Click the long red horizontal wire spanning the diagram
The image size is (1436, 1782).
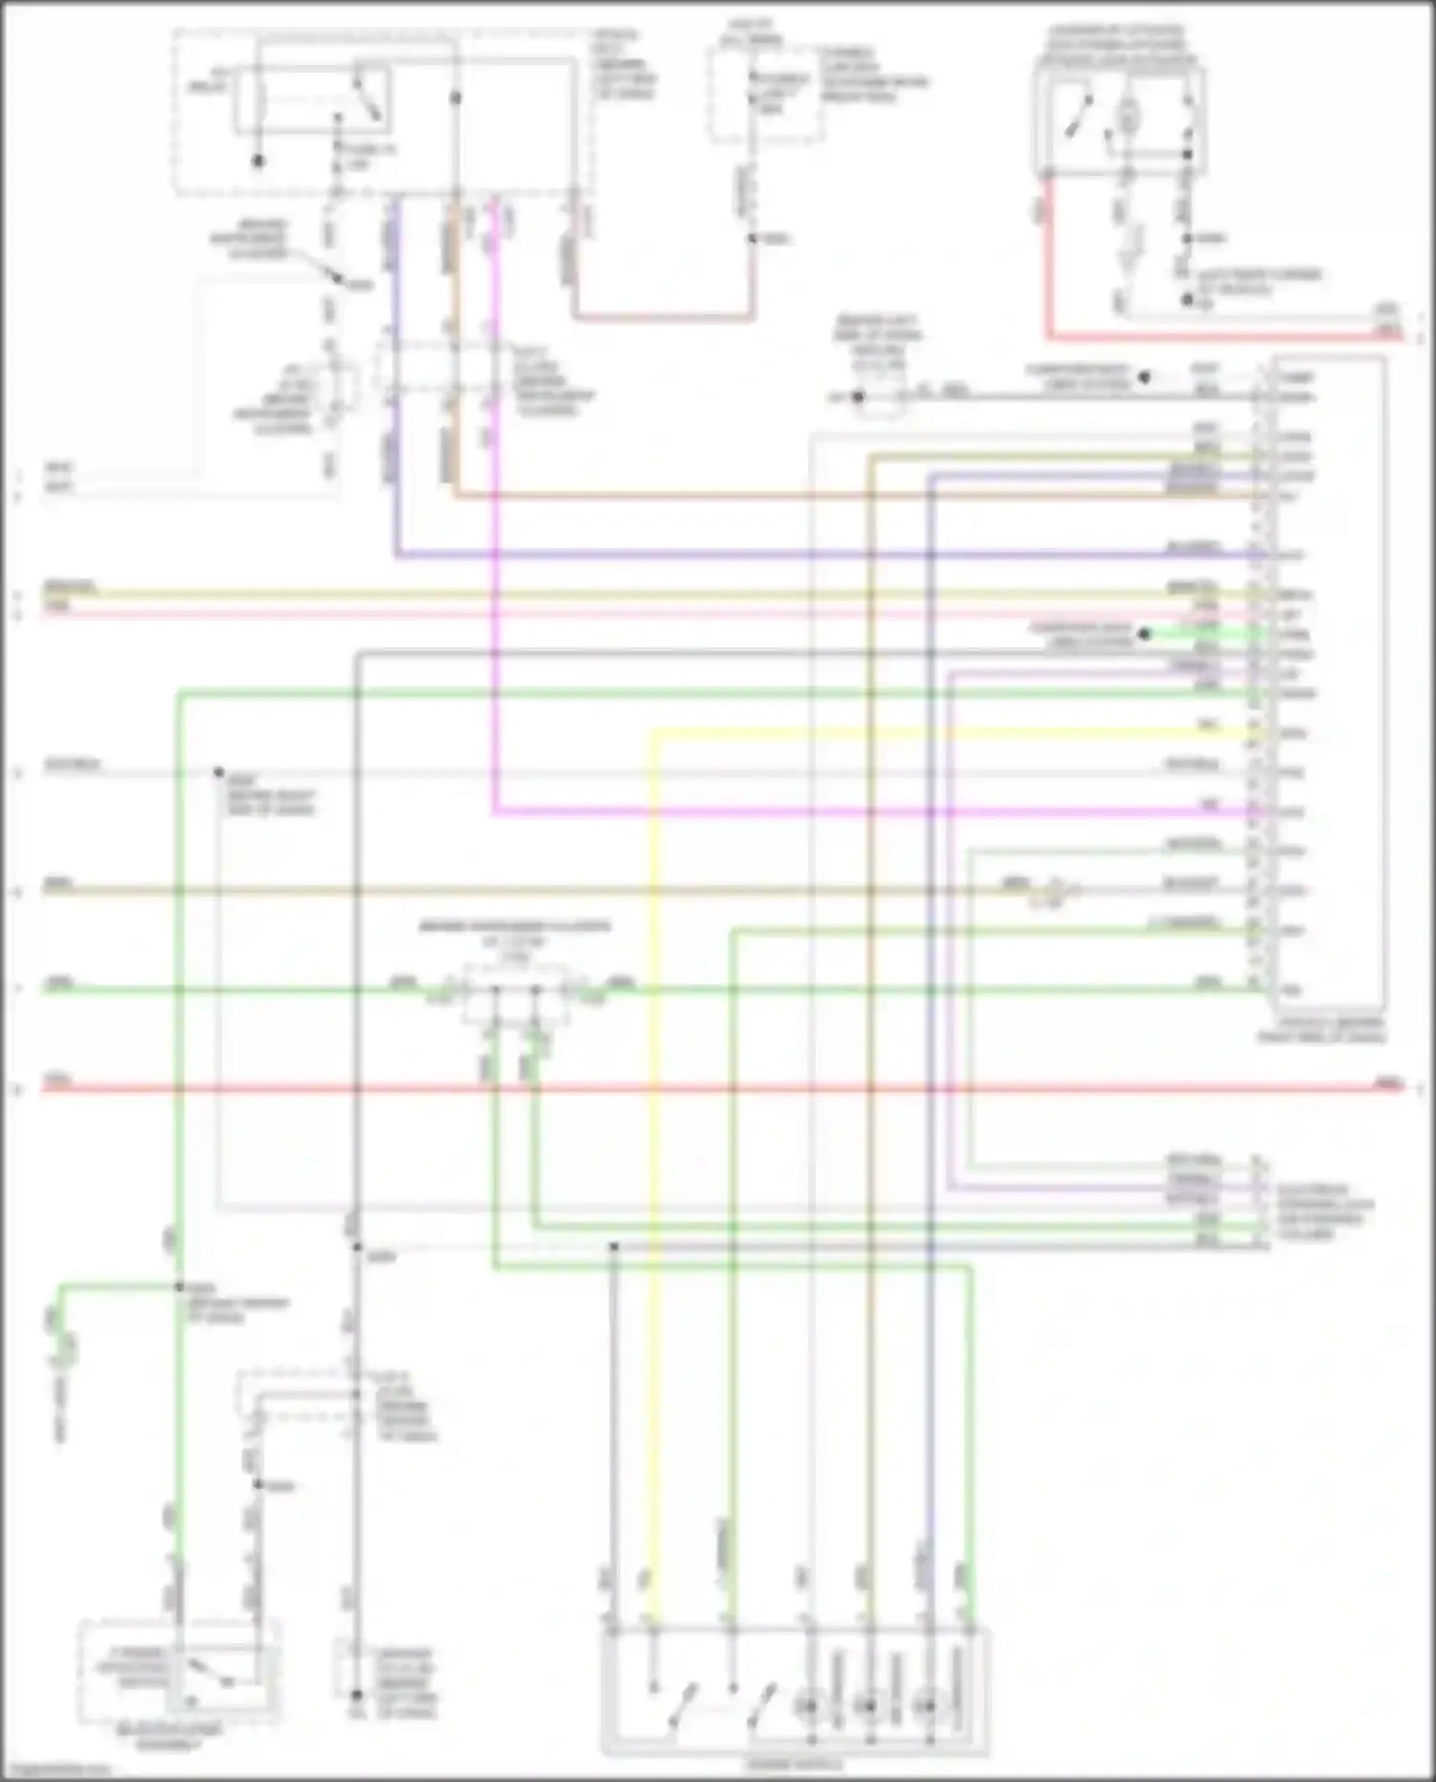tap(766, 1089)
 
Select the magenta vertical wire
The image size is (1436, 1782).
tap(495, 575)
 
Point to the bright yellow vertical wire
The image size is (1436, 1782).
tap(653, 1149)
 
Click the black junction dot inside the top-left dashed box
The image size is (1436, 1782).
tap(456, 99)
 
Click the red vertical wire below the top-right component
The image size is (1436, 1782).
tap(1049, 259)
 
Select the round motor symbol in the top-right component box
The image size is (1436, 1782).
tap(1130, 118)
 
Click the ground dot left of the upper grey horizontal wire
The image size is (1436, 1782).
tap(858, 396)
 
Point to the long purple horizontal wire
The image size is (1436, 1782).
tap(766, 554)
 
